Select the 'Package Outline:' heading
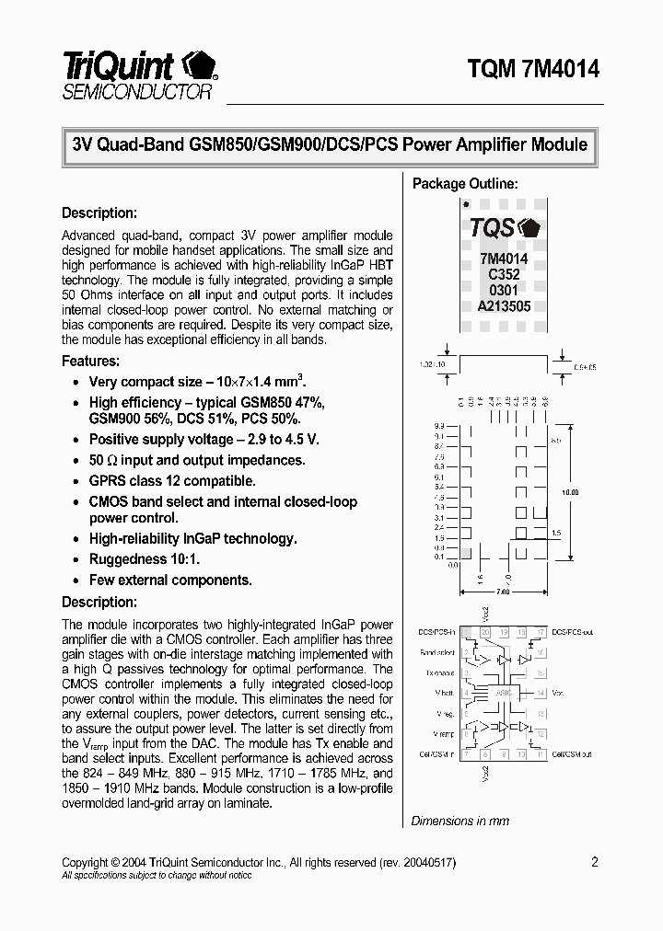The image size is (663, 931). [464, 184]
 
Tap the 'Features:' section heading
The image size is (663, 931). [90, 362]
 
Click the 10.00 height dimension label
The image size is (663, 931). [571, 493]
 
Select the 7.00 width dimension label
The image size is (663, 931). [503, 592]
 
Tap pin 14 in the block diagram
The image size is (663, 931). [541, 693]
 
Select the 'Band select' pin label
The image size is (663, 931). [437, 653]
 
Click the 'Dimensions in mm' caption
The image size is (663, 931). [459, 821]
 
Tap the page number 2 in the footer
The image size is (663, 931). [595, 862]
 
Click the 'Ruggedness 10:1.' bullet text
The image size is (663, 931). [145, 559]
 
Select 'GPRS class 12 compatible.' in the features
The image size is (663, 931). [172, 481]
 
